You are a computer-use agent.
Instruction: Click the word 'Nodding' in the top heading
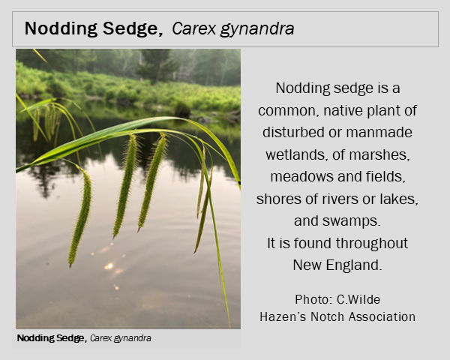click(61, 29)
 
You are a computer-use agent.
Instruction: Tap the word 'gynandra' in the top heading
click(257, 29)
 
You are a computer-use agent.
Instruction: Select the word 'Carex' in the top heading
click(193, 28)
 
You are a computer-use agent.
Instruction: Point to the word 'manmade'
click(379, 132)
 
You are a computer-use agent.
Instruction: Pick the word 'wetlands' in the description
click(296, 155)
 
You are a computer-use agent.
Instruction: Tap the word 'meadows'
click(302, 176)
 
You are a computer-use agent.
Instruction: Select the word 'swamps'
click(351, 221)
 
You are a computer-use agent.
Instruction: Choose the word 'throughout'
click(372, 244)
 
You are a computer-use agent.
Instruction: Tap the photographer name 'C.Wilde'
click(358, 300)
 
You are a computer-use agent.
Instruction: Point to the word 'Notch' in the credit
click(328, 317)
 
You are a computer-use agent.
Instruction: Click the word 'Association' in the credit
click(382, 317)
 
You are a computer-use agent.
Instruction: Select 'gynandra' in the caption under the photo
click(132, 339)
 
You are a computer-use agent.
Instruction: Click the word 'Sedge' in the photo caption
click(71, 338)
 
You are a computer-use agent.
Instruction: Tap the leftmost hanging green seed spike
click(81, 217)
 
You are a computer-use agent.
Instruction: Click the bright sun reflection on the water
click(109, 266)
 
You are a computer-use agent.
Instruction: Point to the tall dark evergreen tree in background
click(157, 65)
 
